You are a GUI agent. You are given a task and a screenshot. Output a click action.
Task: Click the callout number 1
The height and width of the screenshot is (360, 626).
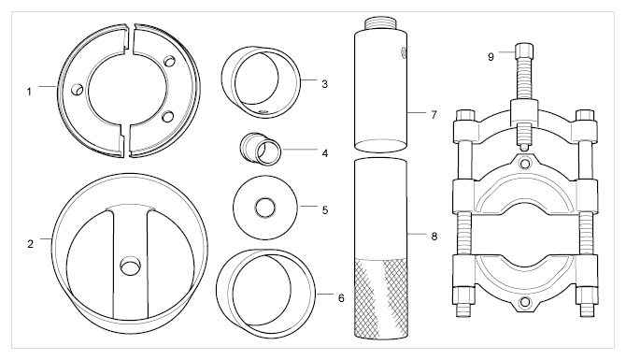click(x=29, y=92)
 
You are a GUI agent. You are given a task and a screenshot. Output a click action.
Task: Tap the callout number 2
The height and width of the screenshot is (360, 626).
click(x=30, y=244)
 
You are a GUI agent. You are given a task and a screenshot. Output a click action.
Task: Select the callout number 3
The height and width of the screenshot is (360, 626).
click(x=324, y=84)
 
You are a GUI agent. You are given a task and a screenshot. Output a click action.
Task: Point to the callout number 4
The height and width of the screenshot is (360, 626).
click(x=325, y=153)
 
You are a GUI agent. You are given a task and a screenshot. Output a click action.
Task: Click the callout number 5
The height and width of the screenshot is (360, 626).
click(x=325, y=210)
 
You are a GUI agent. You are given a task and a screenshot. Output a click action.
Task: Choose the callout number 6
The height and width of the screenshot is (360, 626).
click(x=341, y=298)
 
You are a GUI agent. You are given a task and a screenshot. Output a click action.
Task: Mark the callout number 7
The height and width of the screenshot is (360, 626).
click(x=434, y=115)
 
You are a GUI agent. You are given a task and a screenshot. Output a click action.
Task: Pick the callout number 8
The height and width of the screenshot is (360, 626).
click(x=434, y=237)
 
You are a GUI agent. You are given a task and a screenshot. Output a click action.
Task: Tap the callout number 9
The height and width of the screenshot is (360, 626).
click(x=491, y=57)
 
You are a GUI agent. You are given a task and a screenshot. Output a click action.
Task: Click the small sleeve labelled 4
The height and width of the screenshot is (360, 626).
click(x=261, y=150)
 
